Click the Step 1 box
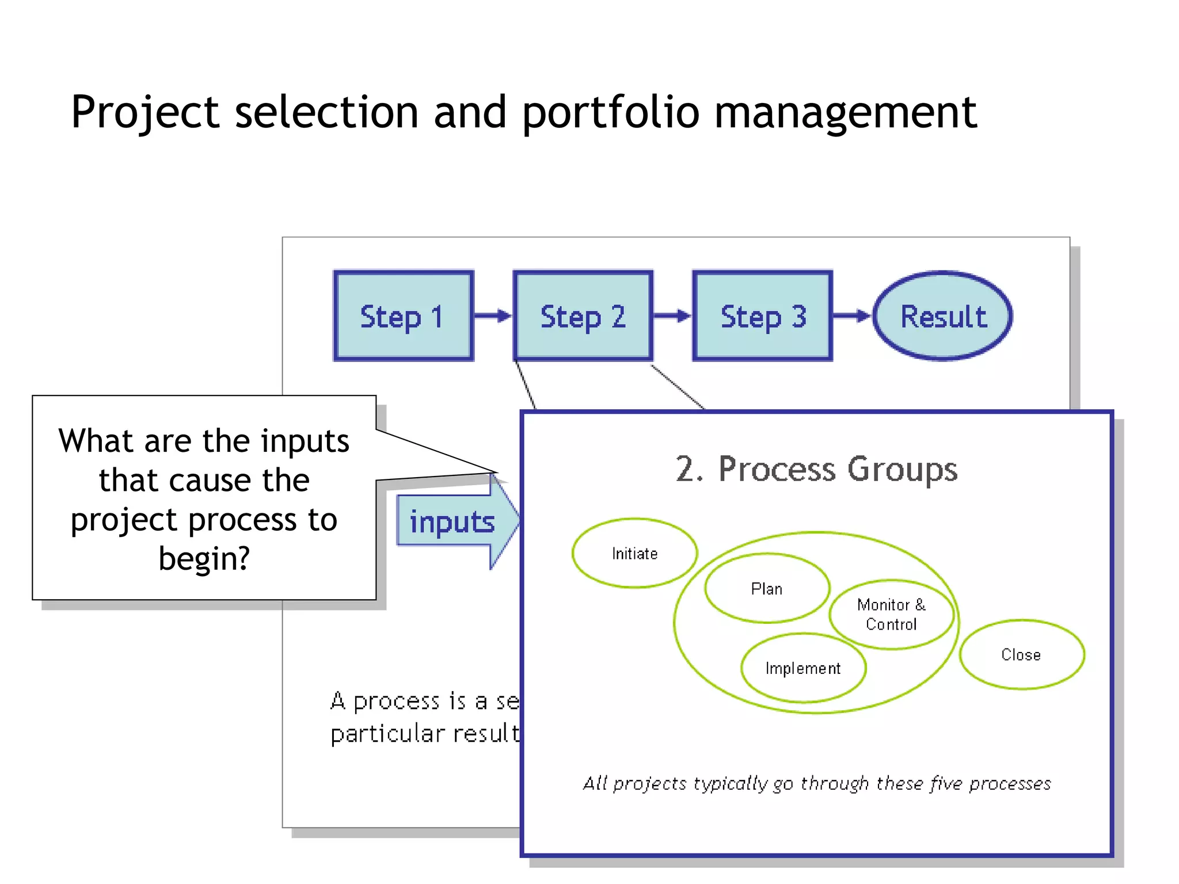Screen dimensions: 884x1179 403,316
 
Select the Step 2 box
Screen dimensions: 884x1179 583,316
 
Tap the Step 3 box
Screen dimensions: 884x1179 763,316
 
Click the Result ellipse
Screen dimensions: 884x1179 943,316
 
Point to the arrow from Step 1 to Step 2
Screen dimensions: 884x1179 493,315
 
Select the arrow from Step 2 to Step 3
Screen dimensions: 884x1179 672,315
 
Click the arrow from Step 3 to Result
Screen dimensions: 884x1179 852,315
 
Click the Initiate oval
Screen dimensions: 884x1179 634,553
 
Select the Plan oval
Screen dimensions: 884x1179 767,588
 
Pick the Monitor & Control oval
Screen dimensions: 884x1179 891,614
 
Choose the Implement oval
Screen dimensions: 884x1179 803,668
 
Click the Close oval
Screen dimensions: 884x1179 1021,654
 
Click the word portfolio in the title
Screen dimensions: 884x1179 611,112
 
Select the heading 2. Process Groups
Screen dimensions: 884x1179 816,469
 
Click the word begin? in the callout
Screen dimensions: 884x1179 204,558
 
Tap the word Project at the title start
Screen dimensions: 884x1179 144,112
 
